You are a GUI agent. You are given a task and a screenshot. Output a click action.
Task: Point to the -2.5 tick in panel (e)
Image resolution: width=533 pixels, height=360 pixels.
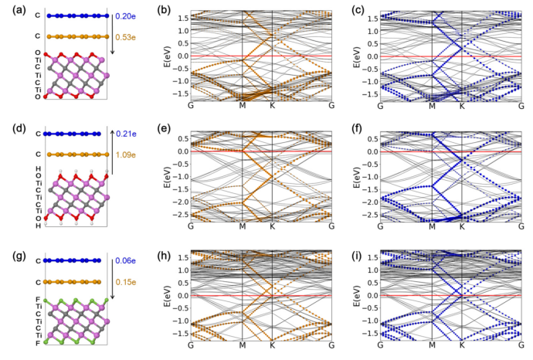coord(175,209)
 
